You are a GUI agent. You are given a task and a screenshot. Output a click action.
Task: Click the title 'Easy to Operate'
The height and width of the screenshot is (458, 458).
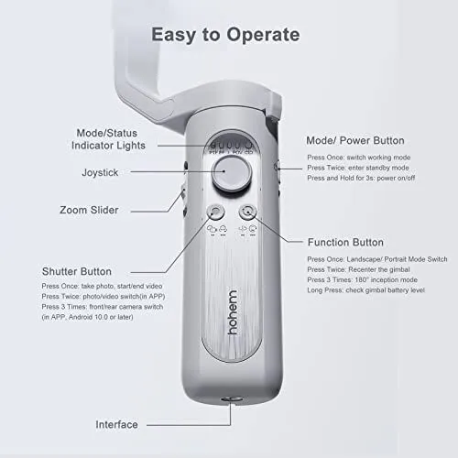tap(225, 36)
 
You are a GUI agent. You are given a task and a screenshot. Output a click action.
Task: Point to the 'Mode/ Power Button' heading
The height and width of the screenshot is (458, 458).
tap(354, 141)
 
